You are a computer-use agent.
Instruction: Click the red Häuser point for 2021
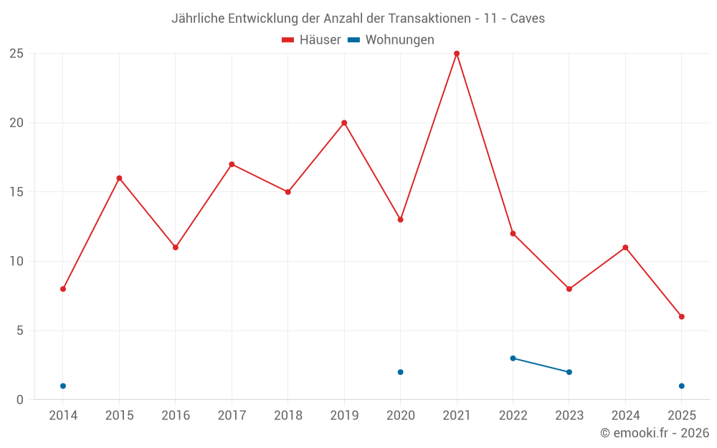tap(457, 54)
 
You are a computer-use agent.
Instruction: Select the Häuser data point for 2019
tap(344, 123)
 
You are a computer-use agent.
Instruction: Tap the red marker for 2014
tap(63, 289)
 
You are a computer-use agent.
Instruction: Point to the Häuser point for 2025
tap(682, 317)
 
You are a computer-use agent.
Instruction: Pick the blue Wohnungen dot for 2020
tap(401, 372)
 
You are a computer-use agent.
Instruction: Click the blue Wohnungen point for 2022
tap(513, 358)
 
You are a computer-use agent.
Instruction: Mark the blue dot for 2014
tap(63, 386)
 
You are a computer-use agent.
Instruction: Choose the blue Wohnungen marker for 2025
tap(682, 386)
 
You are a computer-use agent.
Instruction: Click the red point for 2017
tap(232, 164)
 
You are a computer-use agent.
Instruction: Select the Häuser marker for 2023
tap(569, 289)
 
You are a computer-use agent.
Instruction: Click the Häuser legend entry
tap(311, 40)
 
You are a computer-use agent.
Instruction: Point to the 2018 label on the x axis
tap(288, 416)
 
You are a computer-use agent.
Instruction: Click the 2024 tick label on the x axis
tap(625, 416)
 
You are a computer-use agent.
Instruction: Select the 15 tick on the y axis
tap(16, 192)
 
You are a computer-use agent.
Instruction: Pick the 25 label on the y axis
tap(16, 54)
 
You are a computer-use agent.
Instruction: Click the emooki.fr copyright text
tap(655, 433)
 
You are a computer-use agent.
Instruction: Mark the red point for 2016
tap(176, 247)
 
